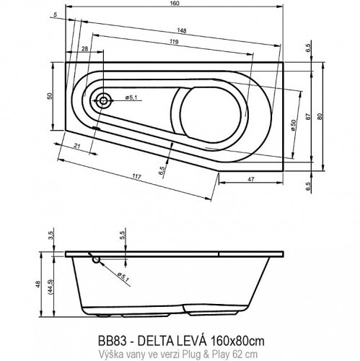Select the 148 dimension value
point(187,30)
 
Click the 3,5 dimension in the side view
point(52,236)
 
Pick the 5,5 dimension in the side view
point(123,235)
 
